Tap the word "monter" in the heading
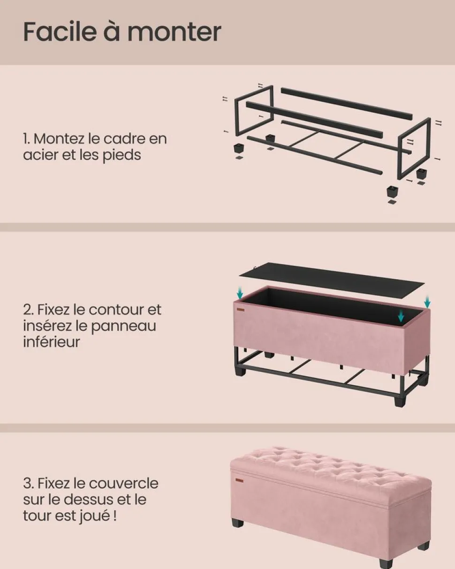click(174, 32)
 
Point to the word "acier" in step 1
click(40, 155)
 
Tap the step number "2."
click(29, 310)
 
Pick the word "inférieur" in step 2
click(51, 341)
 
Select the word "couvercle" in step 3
click(123, 483)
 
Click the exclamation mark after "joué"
click(115, 516)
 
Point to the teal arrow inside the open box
click(401, 316)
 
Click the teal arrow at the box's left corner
click(240, 294)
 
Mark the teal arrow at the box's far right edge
click(427, 302)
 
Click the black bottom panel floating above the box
click(332, 280)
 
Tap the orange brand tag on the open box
click(241, 310)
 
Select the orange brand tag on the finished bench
click(240, 479)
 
